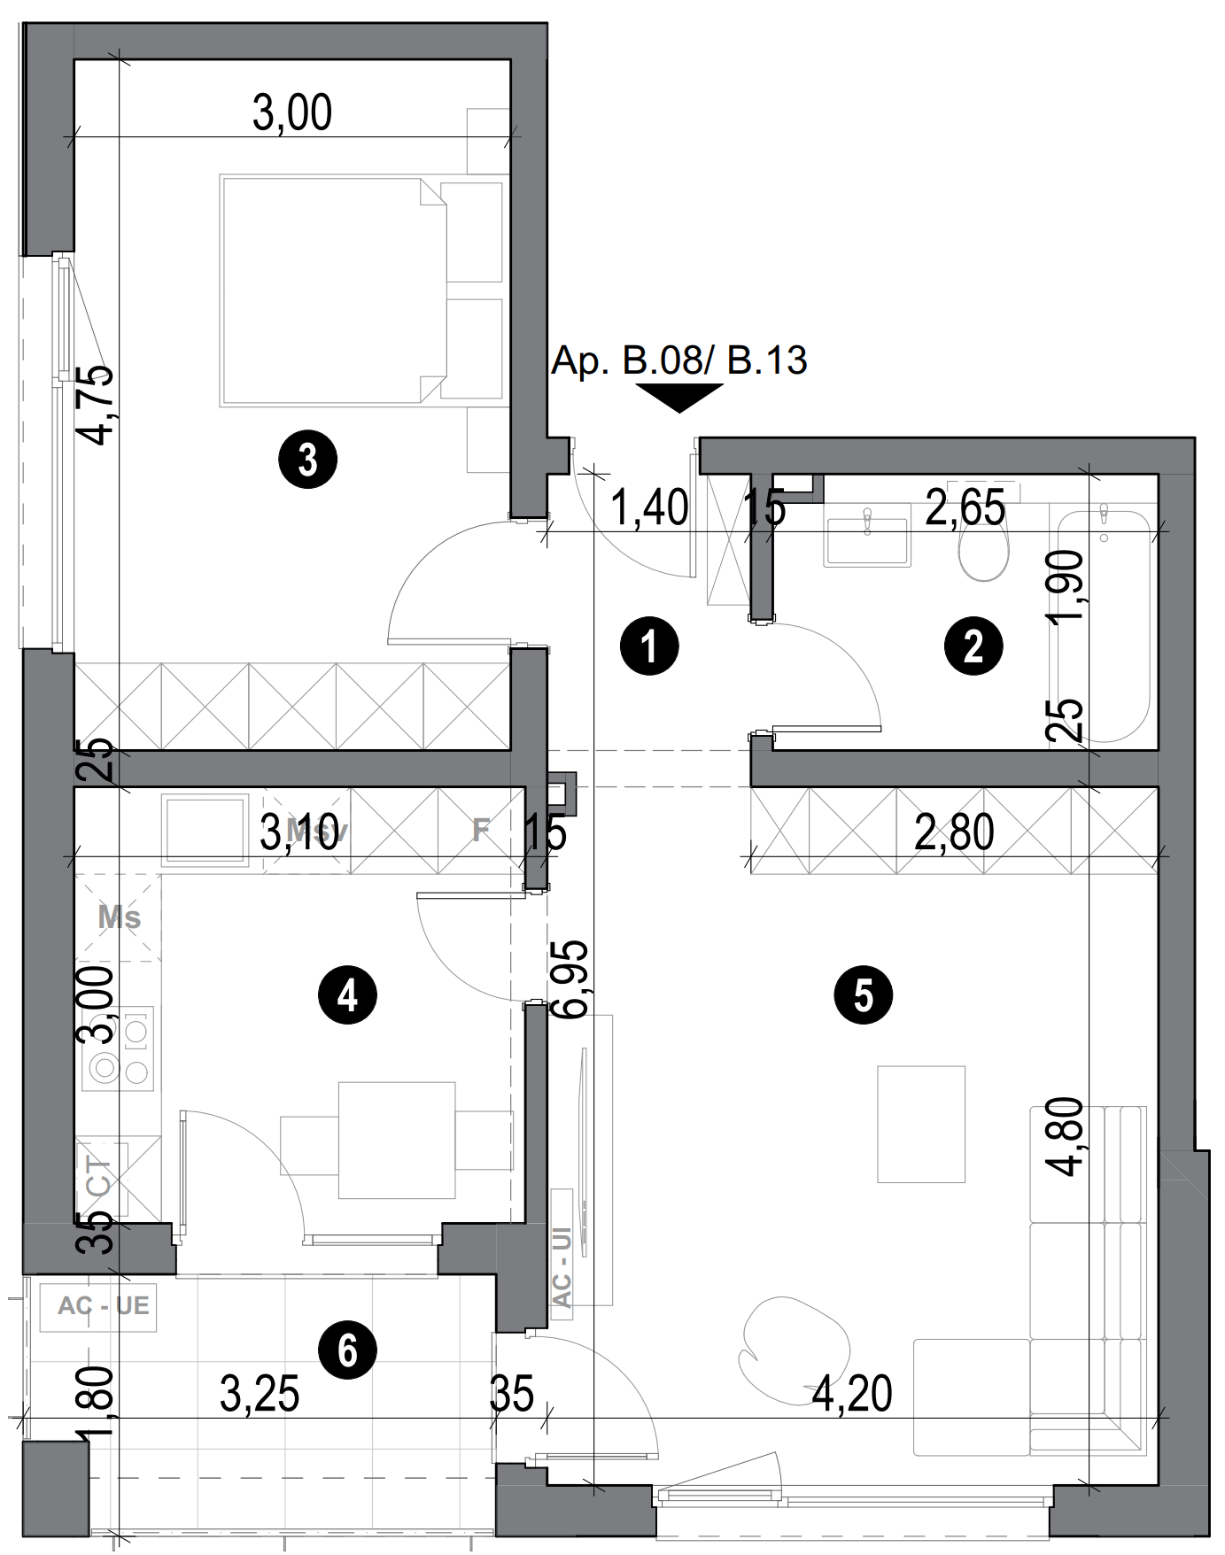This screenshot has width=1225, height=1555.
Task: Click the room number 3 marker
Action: point(307,460)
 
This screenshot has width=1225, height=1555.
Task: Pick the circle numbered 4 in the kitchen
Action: point(347,995)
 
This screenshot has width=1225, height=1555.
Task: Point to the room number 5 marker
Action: point(863,995)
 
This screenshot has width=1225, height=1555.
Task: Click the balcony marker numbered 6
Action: point(347,1350)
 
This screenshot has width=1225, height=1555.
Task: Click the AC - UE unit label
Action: point(103,1306)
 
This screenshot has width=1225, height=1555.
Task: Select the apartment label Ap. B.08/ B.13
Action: point(679,361)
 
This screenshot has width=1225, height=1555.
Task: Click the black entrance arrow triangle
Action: point(679,398)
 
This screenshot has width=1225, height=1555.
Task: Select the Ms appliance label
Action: point(119,917)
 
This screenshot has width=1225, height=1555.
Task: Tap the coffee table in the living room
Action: point(920,1124)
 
